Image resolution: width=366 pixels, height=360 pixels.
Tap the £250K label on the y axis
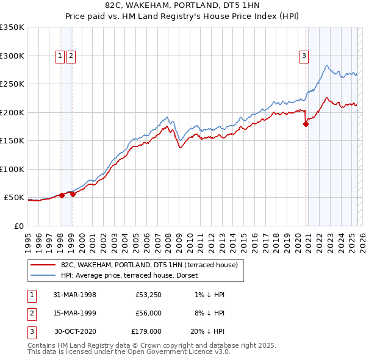(x=12, y=84)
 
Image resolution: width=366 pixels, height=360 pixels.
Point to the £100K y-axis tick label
(x=12, y=169)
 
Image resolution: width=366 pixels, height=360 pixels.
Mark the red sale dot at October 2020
(x=306, y=124)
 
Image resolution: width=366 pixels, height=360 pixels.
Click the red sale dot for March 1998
(x=62, y=195)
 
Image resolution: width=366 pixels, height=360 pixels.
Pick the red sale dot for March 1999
(x=72, y=194)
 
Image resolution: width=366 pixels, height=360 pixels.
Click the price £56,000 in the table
(x=148, y=313)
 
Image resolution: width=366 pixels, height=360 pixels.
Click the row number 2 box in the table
(x=30, y=313)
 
